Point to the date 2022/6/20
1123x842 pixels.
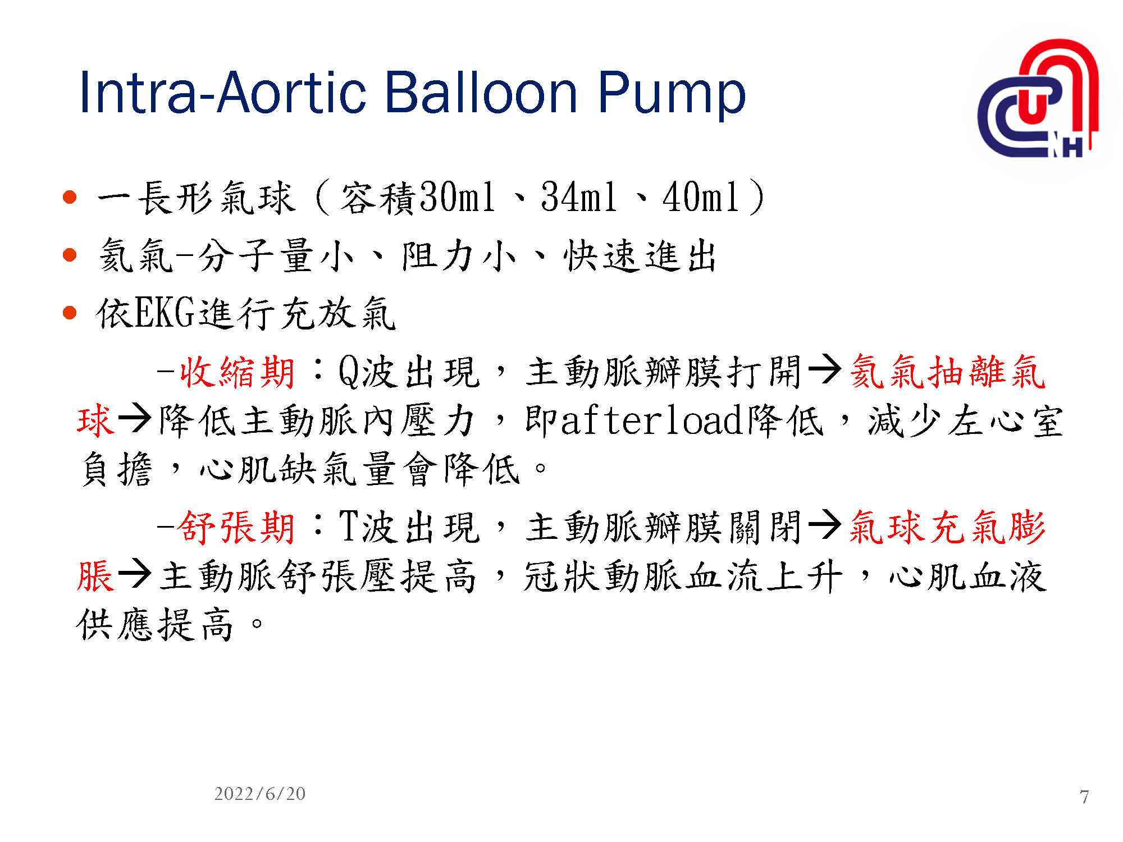(260, 794)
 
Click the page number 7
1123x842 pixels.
(1084, 797)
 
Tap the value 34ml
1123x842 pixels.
(578, 197)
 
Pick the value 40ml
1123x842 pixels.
(700, 197)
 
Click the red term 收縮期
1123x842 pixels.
(237, 372)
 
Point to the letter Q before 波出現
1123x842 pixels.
(349, 372)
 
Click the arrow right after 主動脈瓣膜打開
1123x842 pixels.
(825, 370)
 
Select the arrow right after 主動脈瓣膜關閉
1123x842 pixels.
(825, 525)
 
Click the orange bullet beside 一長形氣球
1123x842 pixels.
(70, 197)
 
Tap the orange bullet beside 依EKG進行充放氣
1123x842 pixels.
(70, 312)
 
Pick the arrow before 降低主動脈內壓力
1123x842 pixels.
(135, 418)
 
